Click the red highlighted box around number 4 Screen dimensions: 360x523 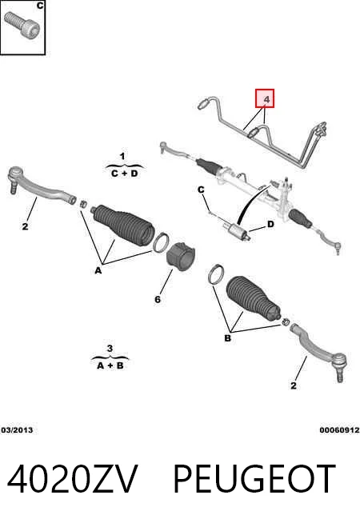(265, 98)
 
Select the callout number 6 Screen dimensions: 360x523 (158, 299)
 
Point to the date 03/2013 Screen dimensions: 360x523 (17, 430)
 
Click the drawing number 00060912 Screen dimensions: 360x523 (339, 430)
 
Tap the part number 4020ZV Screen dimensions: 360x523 (72, 479)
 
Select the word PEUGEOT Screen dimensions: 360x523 (254, 479)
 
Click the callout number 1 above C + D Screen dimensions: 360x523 (122, 156)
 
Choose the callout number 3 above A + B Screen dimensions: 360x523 (110, 349)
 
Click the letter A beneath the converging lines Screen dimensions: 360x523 (98, 270)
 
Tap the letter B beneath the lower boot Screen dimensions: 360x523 (227, 338)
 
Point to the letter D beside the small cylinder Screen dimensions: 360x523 (270, 224)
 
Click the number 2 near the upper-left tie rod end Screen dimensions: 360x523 (25, 226)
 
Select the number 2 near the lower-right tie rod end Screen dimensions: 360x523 (294, 385)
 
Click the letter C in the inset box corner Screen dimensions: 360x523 (40, 6)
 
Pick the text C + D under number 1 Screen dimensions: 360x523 (125, 174)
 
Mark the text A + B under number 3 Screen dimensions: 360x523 (110, 365)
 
